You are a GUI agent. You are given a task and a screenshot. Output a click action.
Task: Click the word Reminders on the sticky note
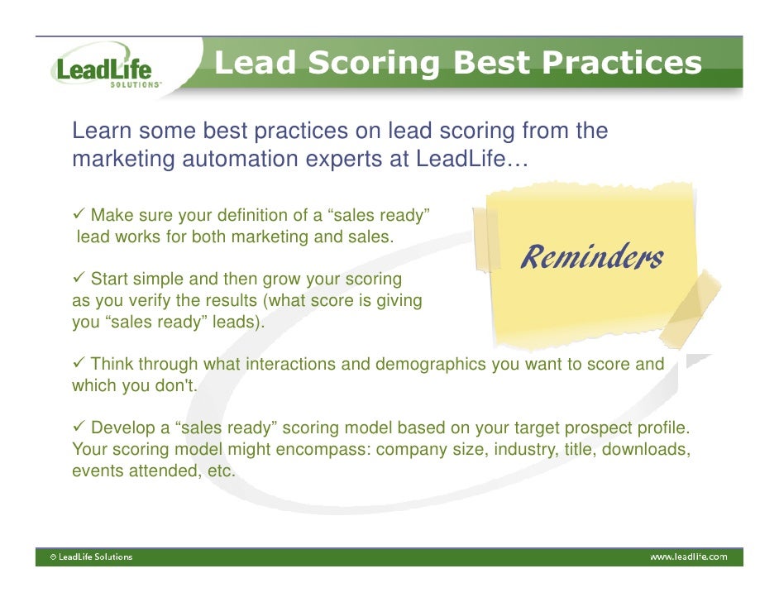pos(590,258)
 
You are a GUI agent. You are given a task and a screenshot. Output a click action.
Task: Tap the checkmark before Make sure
pos(79,217)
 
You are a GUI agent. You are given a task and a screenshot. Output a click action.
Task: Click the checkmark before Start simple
pos(79,279)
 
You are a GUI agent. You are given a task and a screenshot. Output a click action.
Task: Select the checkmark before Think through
pos(79,364)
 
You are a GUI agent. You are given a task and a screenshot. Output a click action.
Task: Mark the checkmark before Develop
pos(79,428)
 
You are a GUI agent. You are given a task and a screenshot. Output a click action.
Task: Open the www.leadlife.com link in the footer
pos(688,557)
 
